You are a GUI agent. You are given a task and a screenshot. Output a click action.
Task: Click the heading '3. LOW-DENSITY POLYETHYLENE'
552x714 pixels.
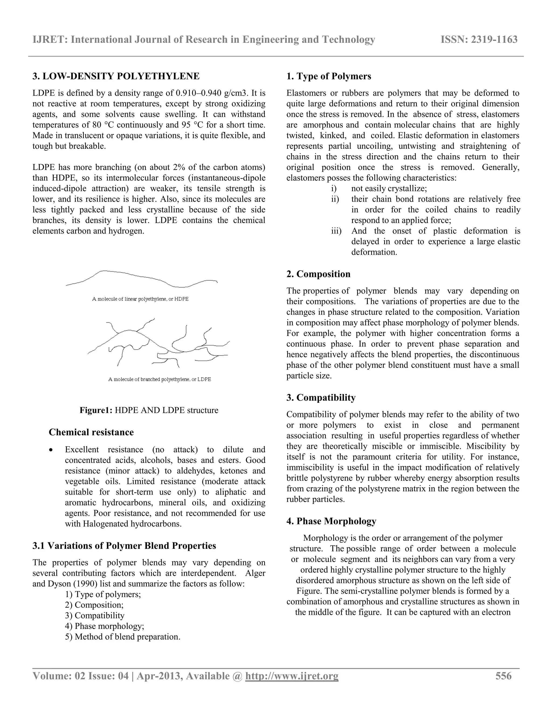116,76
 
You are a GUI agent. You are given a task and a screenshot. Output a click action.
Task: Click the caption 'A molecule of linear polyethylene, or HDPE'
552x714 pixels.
140,299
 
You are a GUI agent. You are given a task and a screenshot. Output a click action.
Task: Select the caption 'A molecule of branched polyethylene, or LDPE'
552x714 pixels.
160,380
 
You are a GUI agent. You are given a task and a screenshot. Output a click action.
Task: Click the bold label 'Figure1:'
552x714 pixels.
96,410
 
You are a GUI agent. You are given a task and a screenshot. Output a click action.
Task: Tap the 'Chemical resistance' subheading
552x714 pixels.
91,432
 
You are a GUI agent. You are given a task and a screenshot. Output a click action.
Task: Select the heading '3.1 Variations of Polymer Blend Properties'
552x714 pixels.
124,546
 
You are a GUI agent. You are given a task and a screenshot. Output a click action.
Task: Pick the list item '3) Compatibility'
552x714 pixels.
95,615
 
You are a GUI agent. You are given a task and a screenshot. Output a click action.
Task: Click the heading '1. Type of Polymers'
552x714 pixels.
329,76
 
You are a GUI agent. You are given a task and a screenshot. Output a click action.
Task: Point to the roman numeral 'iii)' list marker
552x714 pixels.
336,231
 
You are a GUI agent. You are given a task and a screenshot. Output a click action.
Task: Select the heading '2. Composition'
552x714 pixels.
318,274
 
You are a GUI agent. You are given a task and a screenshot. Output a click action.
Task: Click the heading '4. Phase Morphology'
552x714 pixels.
331,521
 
